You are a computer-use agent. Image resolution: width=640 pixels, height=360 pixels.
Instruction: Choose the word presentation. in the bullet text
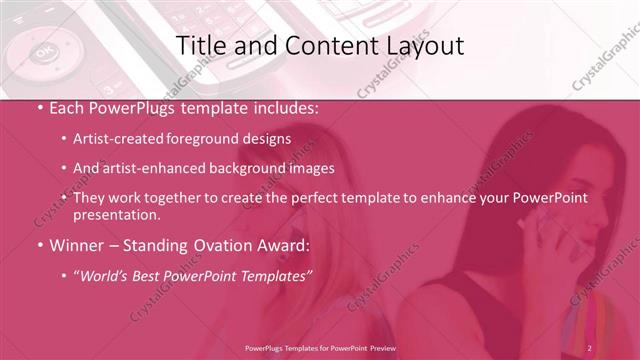117,215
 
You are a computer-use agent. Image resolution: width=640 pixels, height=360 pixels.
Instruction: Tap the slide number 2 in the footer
590,347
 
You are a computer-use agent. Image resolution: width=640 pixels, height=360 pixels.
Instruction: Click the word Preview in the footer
411,347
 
